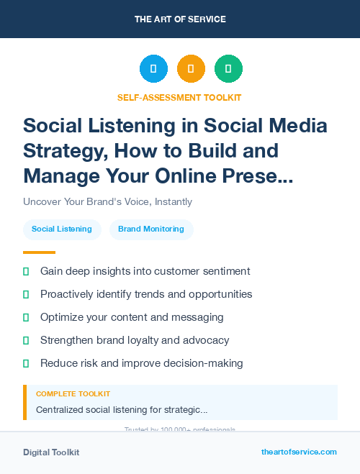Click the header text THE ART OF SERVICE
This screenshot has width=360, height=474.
180,19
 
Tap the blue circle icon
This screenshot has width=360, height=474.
153,69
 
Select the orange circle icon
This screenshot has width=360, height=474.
191,69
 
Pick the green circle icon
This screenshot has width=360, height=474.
228,69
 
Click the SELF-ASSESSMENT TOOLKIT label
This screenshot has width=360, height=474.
179,97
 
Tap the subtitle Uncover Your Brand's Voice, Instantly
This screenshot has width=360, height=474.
107,201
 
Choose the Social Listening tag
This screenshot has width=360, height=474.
62,229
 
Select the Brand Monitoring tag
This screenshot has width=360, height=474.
151,229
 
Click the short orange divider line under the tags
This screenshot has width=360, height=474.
39,252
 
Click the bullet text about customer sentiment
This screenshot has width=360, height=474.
145,271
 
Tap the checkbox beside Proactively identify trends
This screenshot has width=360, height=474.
26,294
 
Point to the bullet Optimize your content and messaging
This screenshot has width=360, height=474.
132,317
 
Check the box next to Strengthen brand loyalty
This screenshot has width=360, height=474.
26,340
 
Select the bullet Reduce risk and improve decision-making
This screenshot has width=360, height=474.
141,363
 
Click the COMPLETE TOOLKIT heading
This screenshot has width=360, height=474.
73,394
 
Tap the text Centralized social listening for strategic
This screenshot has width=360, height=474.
122,410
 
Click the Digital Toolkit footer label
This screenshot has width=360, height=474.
51,452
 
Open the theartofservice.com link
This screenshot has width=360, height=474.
299,452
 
